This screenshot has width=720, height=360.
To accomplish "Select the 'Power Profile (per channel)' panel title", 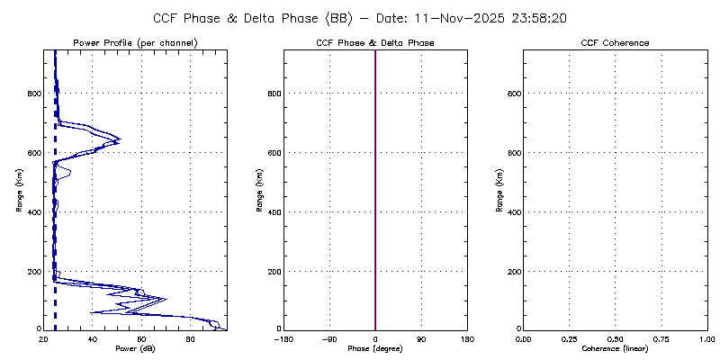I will [135, 43].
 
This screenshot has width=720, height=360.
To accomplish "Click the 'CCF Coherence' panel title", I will [615, 43].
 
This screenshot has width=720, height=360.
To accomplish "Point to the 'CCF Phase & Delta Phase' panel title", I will [375, 43].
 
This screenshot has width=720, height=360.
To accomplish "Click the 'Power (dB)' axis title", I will [135, 348].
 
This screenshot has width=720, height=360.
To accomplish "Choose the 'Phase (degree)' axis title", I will [375, 348].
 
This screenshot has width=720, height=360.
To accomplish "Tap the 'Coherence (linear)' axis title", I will [615, 348].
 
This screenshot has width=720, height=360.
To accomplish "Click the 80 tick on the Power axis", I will [190, 338].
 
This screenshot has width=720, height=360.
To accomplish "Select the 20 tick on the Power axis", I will [44, 338].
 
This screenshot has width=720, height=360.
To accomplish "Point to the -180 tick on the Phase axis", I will [284, 338].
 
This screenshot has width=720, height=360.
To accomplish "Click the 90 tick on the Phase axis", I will [421, 338].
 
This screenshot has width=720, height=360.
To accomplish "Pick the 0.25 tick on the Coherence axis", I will [569, 338].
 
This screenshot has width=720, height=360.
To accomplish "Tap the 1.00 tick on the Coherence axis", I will [706, 338].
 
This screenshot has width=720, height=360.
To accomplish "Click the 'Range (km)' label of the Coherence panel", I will [499, 190].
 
